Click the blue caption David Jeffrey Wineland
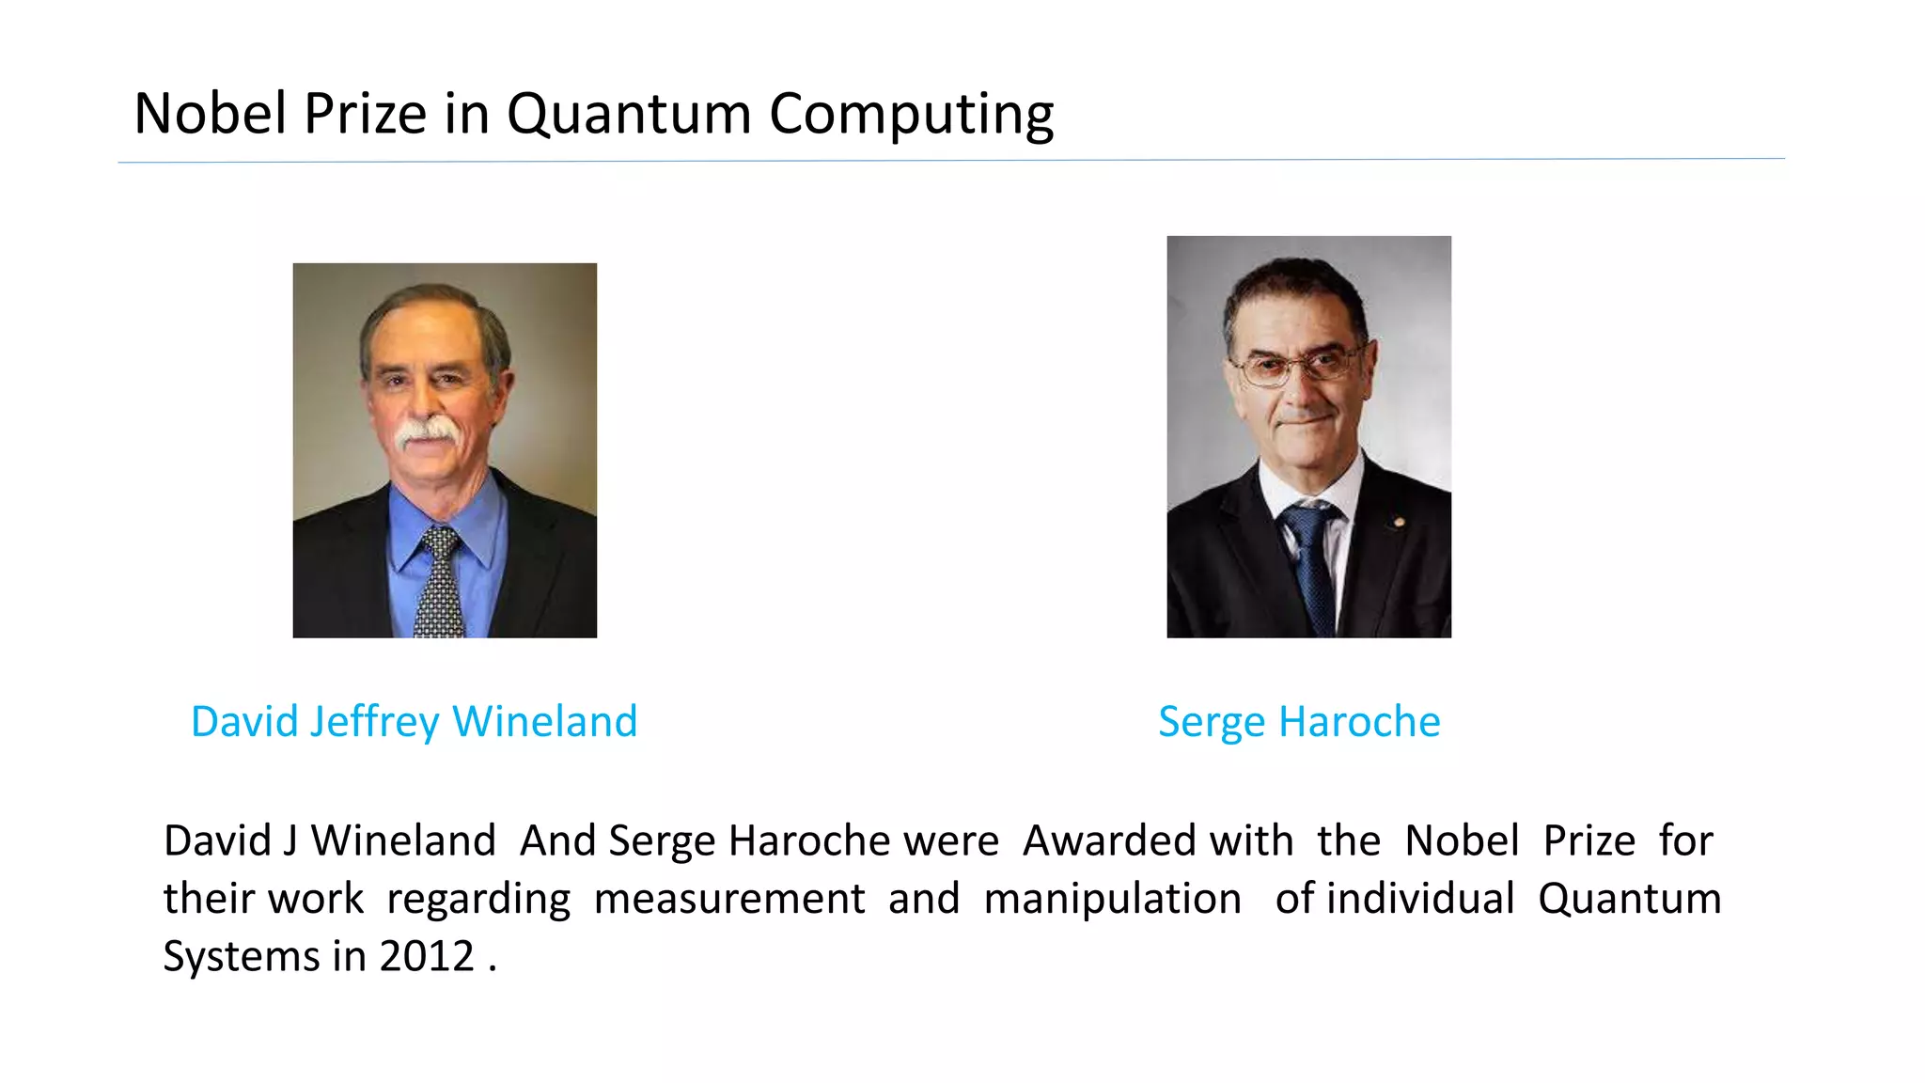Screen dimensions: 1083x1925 tap(414, 722)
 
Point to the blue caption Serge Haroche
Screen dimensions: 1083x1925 tap(1299, 722)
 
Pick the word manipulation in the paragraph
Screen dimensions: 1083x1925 tap(1112, 899)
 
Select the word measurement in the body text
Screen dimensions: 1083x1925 tap(728, 899)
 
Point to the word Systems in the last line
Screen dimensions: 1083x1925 tap(242, 957)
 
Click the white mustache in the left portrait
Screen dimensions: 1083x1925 tap(428, 432)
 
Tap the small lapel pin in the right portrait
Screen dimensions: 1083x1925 tap(1399, 522)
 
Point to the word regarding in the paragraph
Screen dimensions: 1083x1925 tap(478, 900)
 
